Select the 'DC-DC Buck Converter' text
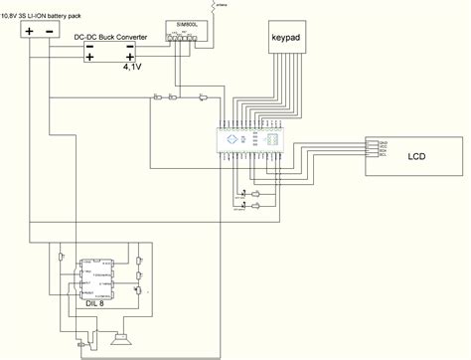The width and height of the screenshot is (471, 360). (x=111, y=37)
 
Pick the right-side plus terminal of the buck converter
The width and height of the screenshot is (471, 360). (x=130, y=56)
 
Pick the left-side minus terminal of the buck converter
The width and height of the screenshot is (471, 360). (x=90, y=45)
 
